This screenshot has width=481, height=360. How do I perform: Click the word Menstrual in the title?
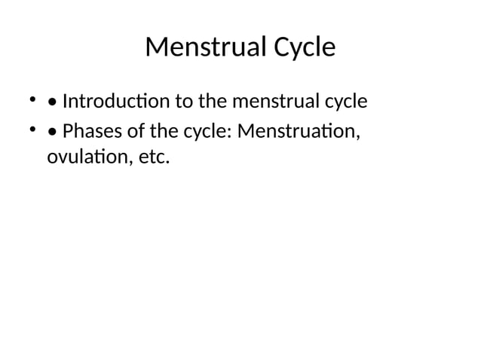(x=194, y=47)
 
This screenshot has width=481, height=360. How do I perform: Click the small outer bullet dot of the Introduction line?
(x=32, y=98)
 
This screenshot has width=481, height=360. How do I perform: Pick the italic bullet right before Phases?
(x=51, y=132)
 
